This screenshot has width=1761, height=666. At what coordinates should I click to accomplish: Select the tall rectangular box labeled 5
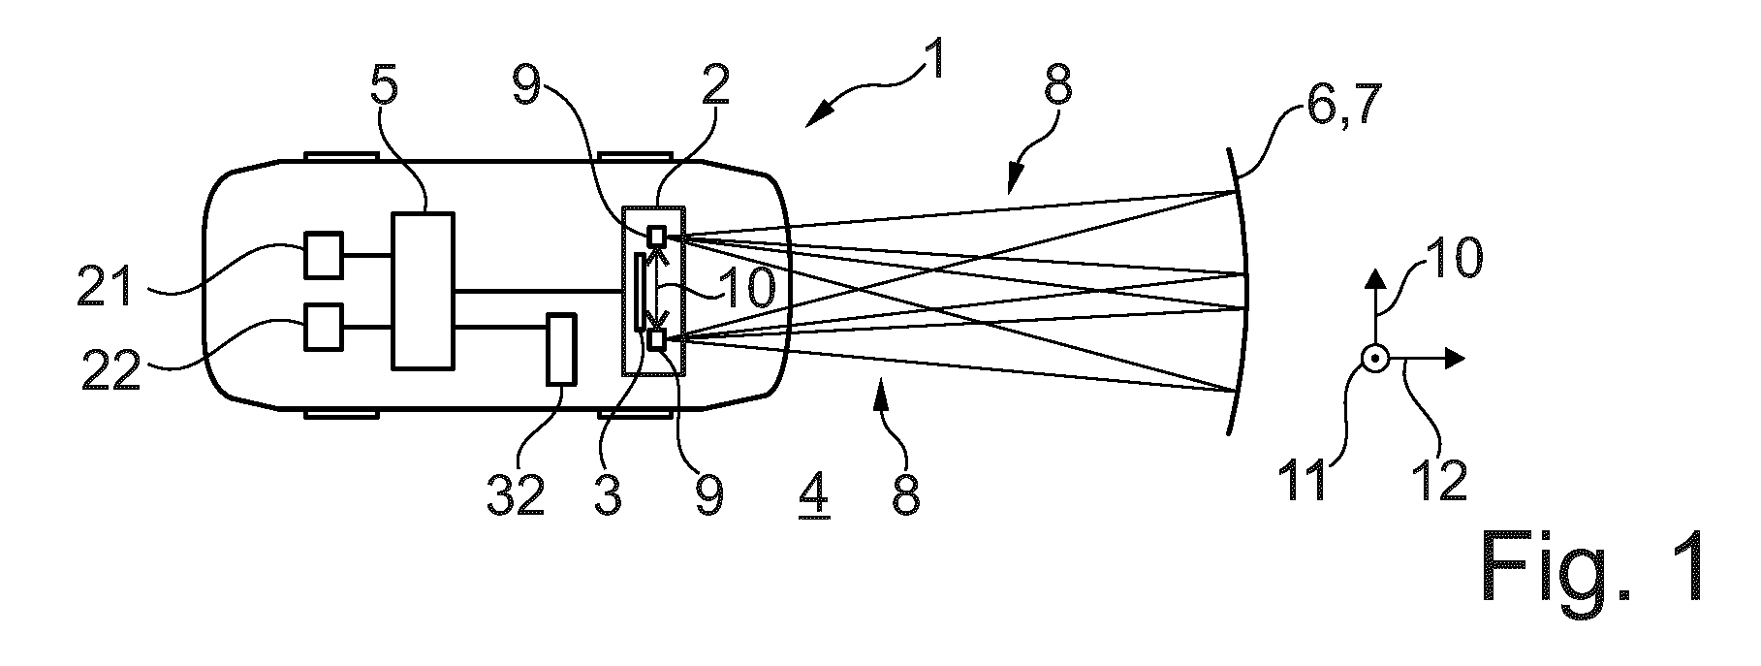tap(423, 291)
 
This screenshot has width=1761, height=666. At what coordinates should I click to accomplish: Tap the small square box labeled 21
tap(324, 255)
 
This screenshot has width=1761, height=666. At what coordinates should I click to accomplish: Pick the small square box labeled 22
tap(324, 327)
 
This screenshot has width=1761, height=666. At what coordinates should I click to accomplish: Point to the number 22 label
tap(111, 369)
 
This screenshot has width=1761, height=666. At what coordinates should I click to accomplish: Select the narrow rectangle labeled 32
tap(561, 350)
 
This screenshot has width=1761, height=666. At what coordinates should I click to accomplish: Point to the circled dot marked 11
tap(1374, 359)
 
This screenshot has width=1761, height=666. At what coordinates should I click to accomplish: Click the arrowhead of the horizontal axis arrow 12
tap(1455, 359)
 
